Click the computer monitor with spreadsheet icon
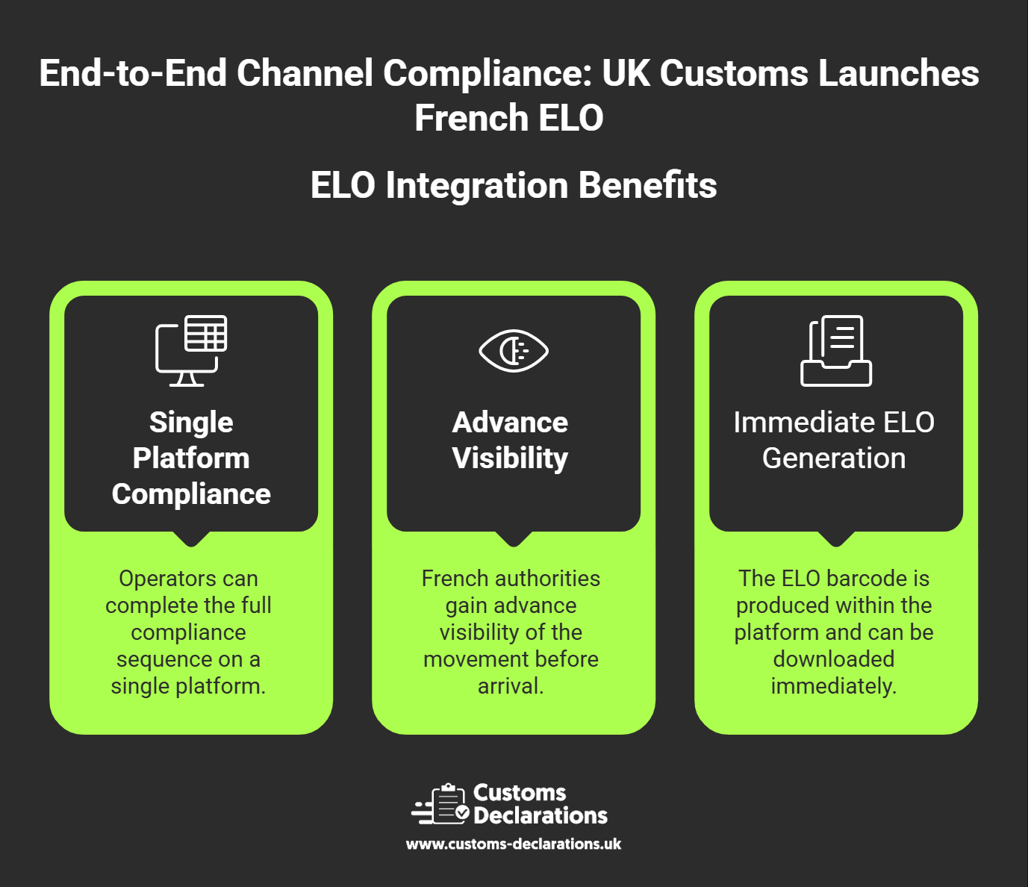tap(191, 351)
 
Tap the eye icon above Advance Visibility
tap(514, 351)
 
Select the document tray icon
tap(836, 351)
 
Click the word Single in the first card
tap(191, 423)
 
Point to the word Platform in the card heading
tap(191, 458)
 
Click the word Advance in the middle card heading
tap(511, 423)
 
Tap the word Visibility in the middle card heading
tap(511, 458)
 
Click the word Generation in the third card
tap(834, 458)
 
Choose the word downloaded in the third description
tap(834, 659)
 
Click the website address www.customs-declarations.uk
tap(514, 844)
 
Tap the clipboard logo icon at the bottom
tap(440, 804)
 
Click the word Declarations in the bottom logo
tap(541, 816)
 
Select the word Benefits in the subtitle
tap(647, 185)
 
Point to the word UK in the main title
tap(626, 73)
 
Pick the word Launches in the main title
tap(899, 73)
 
